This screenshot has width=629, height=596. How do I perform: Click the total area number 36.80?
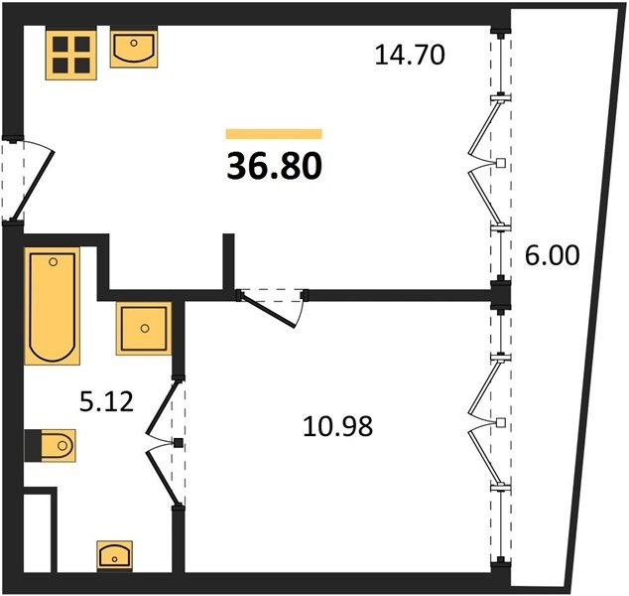[x=275, y=166]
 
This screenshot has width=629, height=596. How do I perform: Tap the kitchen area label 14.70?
[x=410, y=55]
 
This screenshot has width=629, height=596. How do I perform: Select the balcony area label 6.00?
[x=552, y=255]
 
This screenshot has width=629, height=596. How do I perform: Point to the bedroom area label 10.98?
[x=337, y=426]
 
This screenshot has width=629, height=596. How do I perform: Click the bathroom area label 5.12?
[x=106, y=401]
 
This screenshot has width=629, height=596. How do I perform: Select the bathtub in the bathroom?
[x=53, y=306]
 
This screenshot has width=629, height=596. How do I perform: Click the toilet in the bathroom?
[x=51, y=445]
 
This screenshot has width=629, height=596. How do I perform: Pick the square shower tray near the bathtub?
[x=144, y=329]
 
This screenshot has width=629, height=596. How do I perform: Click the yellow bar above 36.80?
[x=274, y=134]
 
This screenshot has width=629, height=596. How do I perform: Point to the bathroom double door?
[x=163, y=443]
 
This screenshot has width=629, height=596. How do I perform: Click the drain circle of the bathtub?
[x=53, y=262]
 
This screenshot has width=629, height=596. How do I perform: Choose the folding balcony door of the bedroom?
[x=486, y=422]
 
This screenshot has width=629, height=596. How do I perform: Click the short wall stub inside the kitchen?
[x=228, y=261]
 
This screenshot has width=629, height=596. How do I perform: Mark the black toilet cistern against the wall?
[x=33, y=445]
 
